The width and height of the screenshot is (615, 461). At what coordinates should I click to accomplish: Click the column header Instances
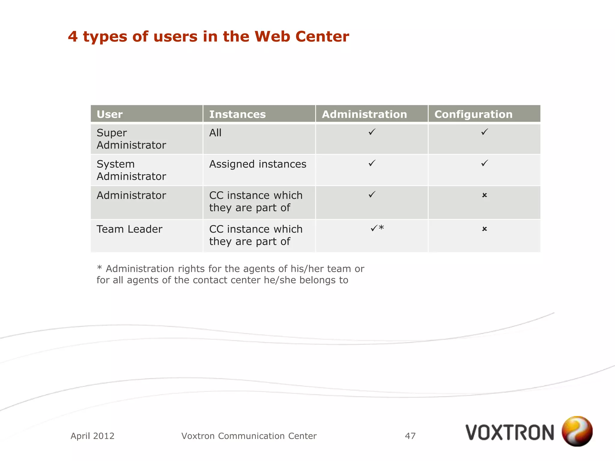[x=237, y=114]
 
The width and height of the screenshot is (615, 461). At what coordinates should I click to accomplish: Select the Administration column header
[x=364, y=114]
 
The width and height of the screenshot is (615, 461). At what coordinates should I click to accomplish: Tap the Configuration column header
[x=473, y=114]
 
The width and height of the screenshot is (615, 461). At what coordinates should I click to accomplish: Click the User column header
[x=110, y=114]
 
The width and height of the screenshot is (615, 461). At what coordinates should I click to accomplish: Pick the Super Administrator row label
[x=131, y=139]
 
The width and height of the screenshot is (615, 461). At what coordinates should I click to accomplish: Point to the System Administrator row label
[x=131, y=170]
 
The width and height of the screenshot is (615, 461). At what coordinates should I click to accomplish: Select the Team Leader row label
[x=129, y=229]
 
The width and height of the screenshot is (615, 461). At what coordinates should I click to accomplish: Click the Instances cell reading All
[x=215, y=133]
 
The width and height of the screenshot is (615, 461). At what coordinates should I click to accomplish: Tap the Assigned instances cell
[x=258, y=164]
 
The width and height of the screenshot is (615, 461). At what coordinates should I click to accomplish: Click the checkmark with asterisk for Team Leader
[x=377, y=228]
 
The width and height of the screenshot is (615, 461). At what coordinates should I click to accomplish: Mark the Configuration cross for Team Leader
[x=484, y=229]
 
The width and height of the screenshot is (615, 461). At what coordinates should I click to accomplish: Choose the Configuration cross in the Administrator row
[x=484, y=195]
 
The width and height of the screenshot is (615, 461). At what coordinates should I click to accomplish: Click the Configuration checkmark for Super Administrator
[x=484, y=132]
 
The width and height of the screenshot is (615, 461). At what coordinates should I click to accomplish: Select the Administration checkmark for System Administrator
[x=372, y=163]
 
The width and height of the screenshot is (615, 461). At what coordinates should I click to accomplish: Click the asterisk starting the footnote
[x=99, y=268]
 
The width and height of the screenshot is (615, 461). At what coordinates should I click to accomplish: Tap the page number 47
[x=410, y=436]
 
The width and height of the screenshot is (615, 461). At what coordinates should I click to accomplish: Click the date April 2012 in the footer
[x=92, y=436]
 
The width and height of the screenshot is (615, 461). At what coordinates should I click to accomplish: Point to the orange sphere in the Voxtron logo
[x=577, y=431]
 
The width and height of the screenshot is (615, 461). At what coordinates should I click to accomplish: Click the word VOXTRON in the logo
[x=510, y=432]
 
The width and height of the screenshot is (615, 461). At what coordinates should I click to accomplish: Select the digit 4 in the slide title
[x=73, y=37]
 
